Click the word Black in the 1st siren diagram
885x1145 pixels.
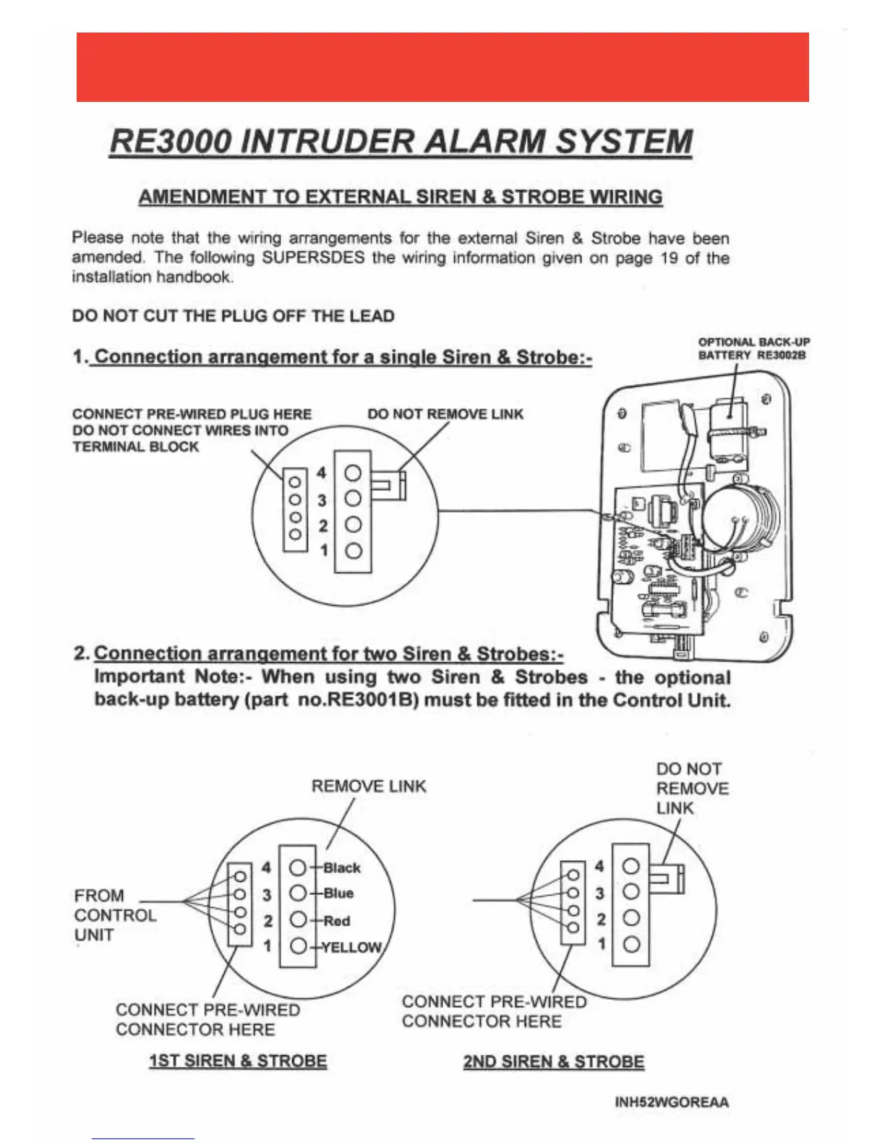[341, 867]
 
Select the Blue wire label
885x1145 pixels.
[338, 893]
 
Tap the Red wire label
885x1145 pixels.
[336, 921]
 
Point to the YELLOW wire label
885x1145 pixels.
[351, 948]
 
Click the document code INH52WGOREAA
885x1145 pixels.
[672, 1102]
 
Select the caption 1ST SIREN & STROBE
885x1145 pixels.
[238, 1061]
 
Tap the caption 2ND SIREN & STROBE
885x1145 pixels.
[554, 1062]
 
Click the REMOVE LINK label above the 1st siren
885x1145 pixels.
[369, 786]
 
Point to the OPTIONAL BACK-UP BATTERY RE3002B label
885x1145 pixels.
[753, 348]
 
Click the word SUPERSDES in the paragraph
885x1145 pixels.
[313, 258]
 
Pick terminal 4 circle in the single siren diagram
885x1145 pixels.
[353, 473]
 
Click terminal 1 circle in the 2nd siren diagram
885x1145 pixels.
[631, 944]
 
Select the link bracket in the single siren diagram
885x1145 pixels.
[390, 485]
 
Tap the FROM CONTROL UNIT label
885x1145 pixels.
[114, 915]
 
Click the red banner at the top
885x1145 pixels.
[442, 67]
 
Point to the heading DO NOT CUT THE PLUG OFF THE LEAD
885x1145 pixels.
[234, 316]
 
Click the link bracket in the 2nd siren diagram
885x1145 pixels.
[670, 879]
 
